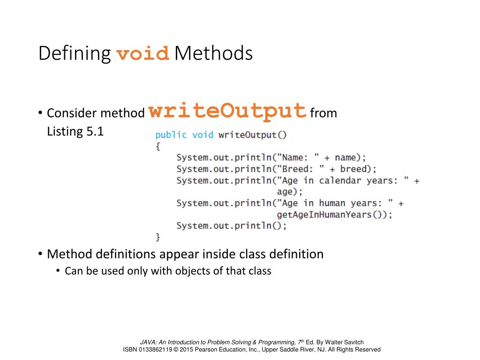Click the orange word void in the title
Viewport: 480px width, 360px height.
click(142, 54)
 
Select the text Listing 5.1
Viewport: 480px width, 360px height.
click(75, 131)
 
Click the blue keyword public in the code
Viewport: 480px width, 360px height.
click(171, 135)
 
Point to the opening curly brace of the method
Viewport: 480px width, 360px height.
click(158, 146)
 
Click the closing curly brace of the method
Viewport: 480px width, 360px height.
click(158, 237)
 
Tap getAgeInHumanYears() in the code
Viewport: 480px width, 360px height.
click(334, 214)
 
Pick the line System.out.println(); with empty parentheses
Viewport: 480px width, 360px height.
click(232, 225)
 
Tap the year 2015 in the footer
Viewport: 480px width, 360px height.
click(187, 349)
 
